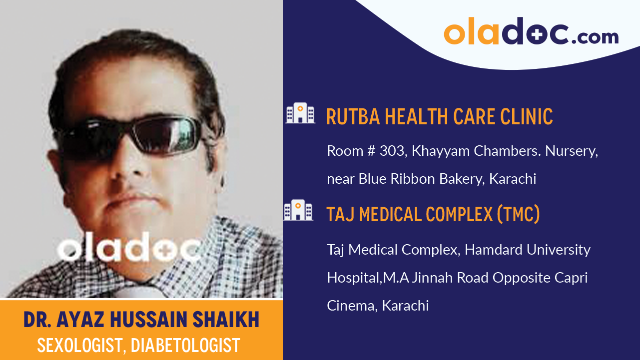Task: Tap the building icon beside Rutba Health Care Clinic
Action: point(300,113)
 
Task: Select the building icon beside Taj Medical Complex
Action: point(298,210)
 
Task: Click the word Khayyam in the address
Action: point(437,151)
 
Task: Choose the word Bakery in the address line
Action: point(458,179)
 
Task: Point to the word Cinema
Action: point(350,306)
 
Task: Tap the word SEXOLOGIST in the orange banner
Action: point(80,345)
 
